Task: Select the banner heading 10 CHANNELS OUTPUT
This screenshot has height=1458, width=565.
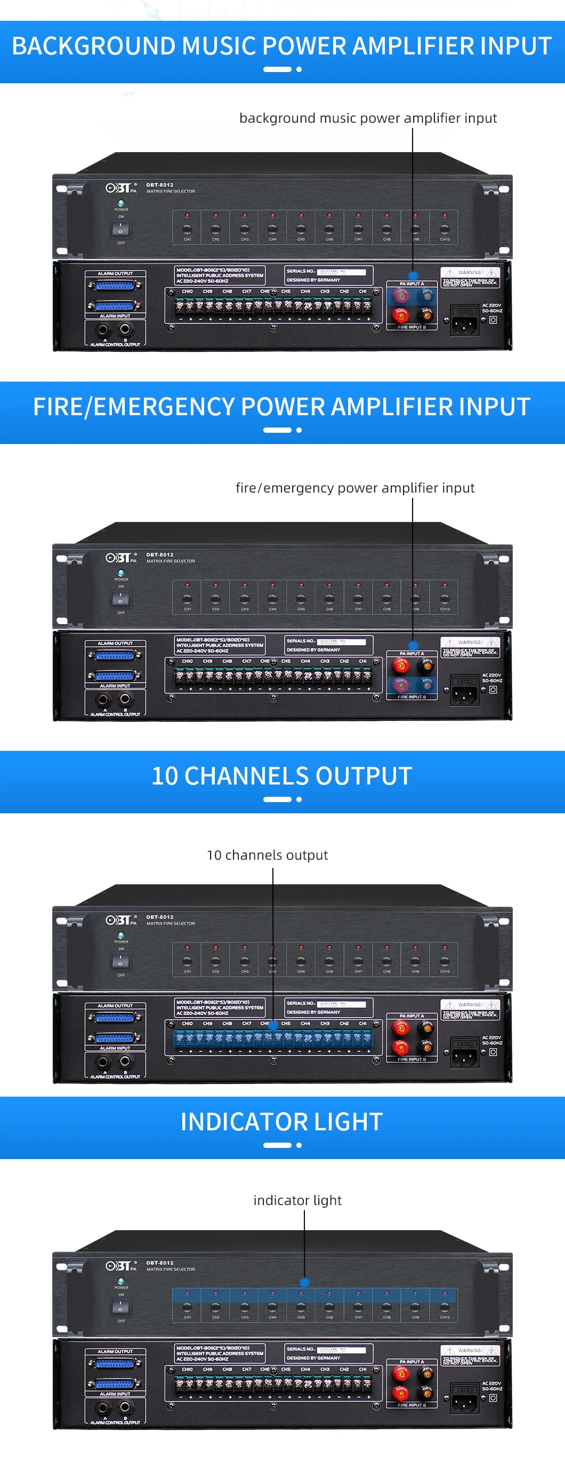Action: [x=281, y=776]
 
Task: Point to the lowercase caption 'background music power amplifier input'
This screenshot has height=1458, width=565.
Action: [x=368, y=118]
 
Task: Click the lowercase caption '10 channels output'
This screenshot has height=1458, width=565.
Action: [x=267, y=855]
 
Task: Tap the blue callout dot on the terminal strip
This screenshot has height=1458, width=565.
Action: [x=273, y=1025]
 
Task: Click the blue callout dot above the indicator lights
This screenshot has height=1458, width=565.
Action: [x=304, y=1282]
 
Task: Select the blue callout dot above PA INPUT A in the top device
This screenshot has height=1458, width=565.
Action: [x=413, y=275]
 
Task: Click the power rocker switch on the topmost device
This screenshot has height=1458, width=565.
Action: [x=120, y=228]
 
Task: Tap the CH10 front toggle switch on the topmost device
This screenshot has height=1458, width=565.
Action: [x=445, y=228]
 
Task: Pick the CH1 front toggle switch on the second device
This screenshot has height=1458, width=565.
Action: [x=187, y=598]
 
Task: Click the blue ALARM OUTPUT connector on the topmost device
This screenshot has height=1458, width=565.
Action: [x=115, y=286]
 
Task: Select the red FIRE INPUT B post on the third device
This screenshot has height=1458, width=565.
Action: [x=400, y=1047]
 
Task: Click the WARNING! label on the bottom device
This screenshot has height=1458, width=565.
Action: [x=470, y=1350]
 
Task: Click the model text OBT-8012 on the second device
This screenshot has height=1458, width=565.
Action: [x=159, y=554]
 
